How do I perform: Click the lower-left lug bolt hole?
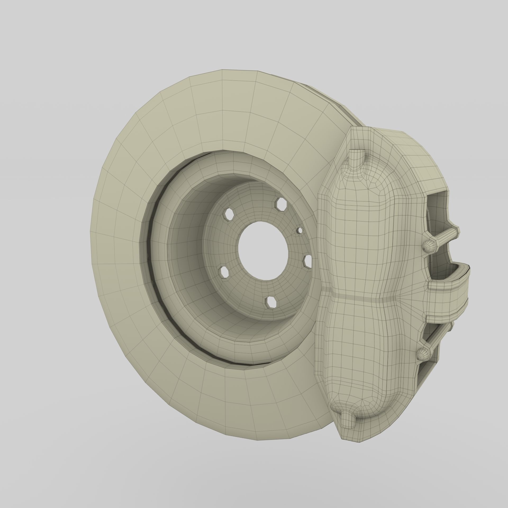point(224,272)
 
